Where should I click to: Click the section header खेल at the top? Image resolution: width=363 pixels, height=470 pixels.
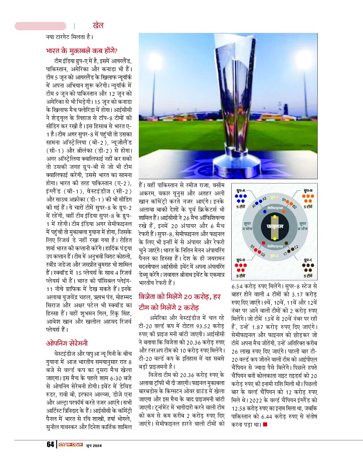pos(98,26)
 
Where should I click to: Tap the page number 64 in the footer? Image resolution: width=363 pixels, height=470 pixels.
pos(50,444)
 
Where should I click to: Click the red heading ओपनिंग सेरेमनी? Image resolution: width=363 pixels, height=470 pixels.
pos(67,343)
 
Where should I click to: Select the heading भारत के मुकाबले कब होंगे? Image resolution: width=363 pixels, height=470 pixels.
pos(82,51)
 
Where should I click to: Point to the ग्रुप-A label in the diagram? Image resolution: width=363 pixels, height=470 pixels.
pos(241,190)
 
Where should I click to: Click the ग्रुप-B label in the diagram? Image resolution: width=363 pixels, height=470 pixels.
pos(308,190)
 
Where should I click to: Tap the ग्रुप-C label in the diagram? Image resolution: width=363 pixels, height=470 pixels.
pos(308,260)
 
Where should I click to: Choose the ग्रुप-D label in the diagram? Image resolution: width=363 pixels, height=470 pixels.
pos(241,260)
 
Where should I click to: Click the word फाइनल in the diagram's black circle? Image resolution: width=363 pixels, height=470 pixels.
pos(275,226)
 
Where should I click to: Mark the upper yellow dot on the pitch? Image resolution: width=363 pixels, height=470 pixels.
pos(275,217)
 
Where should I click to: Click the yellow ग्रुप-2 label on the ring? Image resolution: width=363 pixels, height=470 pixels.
pos(274,255)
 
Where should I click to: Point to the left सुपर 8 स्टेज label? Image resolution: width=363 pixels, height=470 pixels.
pos(247,226)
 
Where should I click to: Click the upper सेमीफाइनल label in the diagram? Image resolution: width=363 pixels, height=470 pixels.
pos(275,208)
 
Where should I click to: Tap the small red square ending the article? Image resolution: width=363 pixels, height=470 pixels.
pos(265,424)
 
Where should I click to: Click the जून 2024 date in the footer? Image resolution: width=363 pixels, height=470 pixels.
pos(94,445)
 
